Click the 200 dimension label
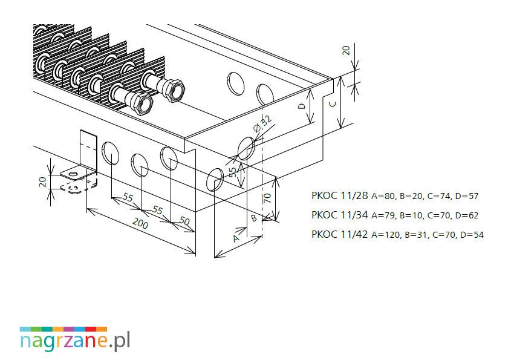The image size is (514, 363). [x=141, y=224]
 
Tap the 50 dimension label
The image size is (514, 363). [x=184, y=221]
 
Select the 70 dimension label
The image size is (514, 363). [x=267, y=198]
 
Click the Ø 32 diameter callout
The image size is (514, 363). [x=263, y=123]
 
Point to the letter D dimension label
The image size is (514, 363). [x=302, y=106]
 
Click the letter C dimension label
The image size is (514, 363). [x=333, y=104]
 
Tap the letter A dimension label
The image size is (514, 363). [x=236, y=238]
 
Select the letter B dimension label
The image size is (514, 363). [x=254, y=218]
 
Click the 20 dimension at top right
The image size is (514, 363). [x=346, y=50]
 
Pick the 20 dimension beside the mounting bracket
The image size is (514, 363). [x=43, y=181]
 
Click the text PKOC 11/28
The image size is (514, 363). [x=340, y=196]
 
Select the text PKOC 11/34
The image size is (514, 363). [x=340, y=215]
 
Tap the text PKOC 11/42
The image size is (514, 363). [x=340, y=234]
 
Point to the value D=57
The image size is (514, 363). [x=467, y=197]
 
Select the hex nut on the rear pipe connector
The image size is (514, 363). [x=174, y=90]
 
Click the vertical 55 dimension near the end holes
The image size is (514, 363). [x=233, y=172]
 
